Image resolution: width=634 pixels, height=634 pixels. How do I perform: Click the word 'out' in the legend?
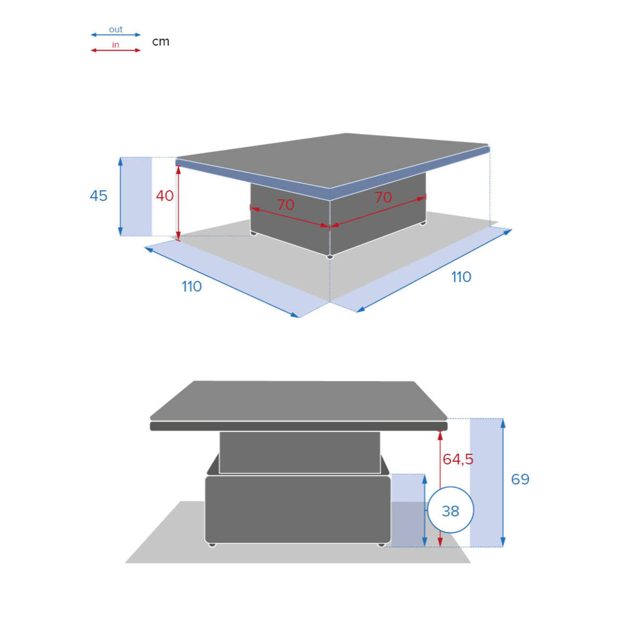pyautogui.click(x=115, y=30)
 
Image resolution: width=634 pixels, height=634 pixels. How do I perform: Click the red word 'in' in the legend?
pyautogui.click(x=115, y=45)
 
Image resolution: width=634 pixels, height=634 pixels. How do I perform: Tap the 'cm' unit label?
pyautogui.click(x=161, y=42)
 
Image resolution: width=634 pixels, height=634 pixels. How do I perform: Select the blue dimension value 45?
pyautogui.click(x=99, y=196)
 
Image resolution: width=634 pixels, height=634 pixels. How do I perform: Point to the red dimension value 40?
pyautogui.click(x=164, y=196)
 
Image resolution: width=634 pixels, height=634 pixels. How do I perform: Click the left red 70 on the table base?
pyautogui.click(x=285, y=205)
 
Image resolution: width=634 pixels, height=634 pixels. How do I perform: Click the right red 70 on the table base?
pyautogui.click(x=383, y=198)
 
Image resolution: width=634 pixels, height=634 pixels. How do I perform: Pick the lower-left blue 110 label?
pyautogui.click(x=191, y=287)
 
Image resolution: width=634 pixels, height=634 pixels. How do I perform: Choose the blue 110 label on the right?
pyautogui.click(x=461, y=277)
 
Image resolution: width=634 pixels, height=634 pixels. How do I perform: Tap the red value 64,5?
pyautogui.click(x=457, y=460)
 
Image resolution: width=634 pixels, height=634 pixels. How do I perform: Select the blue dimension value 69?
pyautogui.click(x=520, y=480)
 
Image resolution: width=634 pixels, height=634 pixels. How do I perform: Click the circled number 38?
pyautogui.click(x=450, y=511)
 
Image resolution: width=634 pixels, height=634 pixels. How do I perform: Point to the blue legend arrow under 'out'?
pyautogui.click(x=116, y=35)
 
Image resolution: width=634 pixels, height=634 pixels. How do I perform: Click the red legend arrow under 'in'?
pyautogui.click(x=116, y=51)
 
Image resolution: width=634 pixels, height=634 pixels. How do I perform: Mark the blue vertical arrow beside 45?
pyautogui.click(x=120, y=197)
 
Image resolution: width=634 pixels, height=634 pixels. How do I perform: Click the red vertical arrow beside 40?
pyautogui.click(x=178, y=203)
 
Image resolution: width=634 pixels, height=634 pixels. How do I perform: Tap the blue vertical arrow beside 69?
pyautogui.click(x=503, y=483)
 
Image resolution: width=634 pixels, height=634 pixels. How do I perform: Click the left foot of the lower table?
pyautogui.click(x=212, y=545)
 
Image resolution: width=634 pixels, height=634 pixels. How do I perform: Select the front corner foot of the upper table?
pyautogui.click(x=330, y=257)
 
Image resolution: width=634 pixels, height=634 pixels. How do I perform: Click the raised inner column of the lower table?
pyautogui.click(x=299, y=453)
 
